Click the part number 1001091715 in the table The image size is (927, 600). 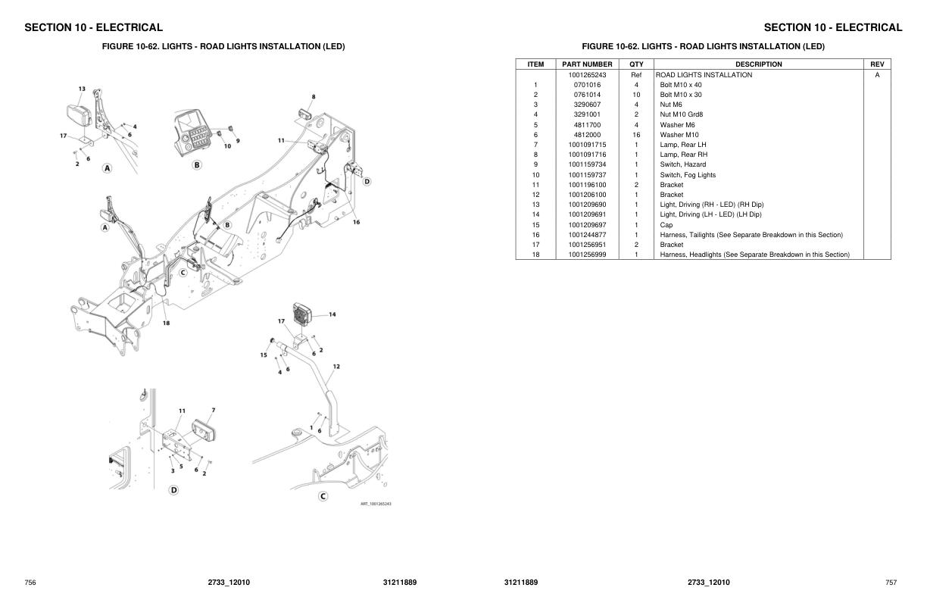pos(587,145)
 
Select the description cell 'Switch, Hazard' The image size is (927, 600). pos(683,164)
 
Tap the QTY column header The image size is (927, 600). pos(636,64)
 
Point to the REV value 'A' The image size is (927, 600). pos(877,75)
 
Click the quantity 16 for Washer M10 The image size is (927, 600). pos(636,135)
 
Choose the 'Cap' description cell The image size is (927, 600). pos(666,225)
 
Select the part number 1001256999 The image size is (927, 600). pos(587,255)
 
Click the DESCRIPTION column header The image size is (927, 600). pos(759,64)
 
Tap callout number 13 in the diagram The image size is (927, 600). pos(82,89)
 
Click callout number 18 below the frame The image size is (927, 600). pos(166,323)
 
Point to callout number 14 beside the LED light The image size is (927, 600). pos(332,314)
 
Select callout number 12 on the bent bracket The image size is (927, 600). pos(336,367)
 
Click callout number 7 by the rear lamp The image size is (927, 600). pos(214,410)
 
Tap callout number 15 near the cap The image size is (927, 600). pos(264,355)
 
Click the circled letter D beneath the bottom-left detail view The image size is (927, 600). pos(174,490)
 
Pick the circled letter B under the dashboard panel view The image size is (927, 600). pos(197,165)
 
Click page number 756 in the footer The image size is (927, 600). pos(30,583)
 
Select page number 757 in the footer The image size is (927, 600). pos(891,583)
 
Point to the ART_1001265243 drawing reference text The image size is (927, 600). pos(376,504)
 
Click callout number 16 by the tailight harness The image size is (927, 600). pos(356,223)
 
